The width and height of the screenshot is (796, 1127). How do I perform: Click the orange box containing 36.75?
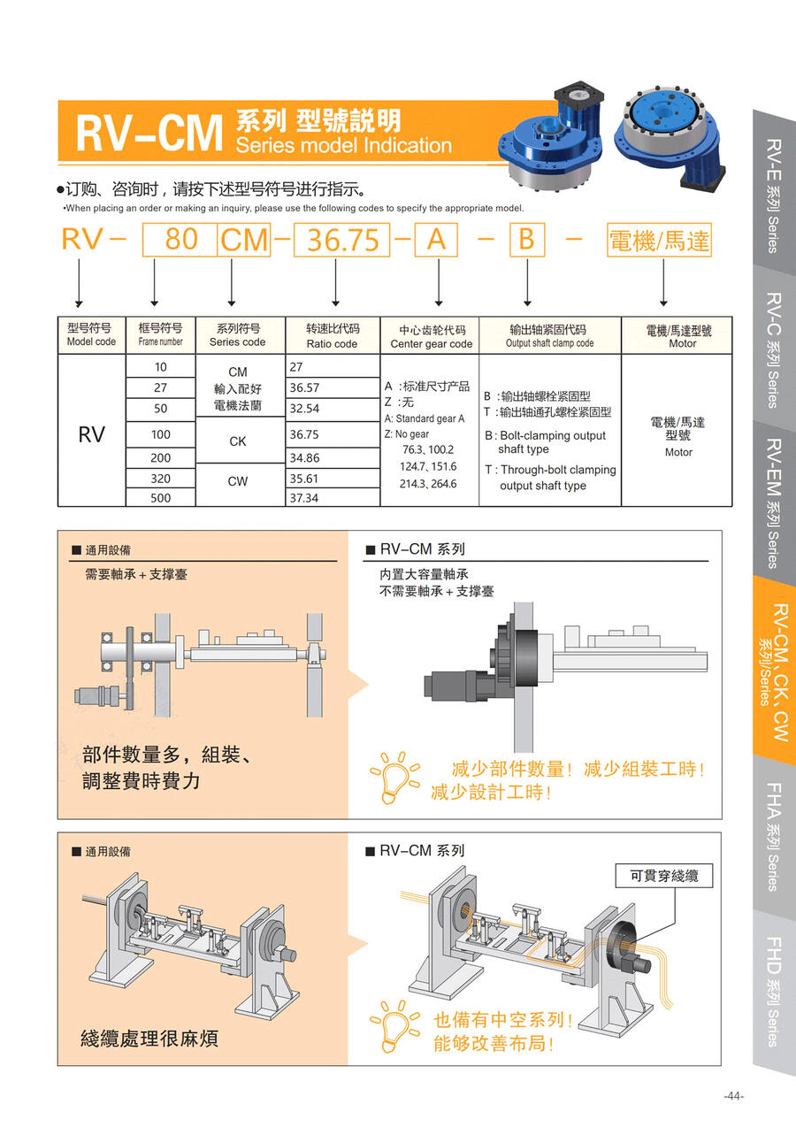(x=341, y=240)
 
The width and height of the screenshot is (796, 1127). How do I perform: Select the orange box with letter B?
(x=527, y=240)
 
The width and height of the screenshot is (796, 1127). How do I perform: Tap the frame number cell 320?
(x=160, y=479)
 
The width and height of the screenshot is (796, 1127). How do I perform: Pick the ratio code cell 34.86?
(x=333, y=458)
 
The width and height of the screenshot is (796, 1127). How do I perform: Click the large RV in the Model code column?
(x=92, y=434)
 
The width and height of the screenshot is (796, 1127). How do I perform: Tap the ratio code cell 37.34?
(x=333, y=497)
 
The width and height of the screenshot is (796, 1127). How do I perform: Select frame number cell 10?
(x=160, y=367)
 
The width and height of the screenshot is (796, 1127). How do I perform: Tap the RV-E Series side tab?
(x=774, y=190)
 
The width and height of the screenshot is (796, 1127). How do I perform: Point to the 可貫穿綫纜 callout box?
(x=663, y=876)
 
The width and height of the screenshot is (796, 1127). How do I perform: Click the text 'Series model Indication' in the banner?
(x=344, y=145)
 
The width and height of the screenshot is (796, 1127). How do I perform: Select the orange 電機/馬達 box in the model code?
(x=659, y=240)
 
